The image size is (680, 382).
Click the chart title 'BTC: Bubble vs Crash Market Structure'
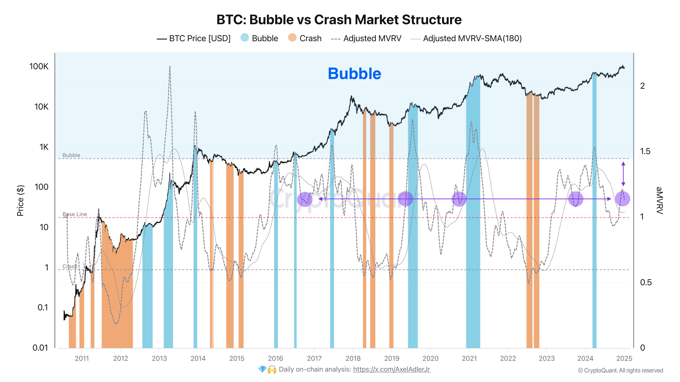coord(339,20)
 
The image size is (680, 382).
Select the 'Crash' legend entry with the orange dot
coord(305,38)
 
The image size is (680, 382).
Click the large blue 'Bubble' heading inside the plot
coord(354,74)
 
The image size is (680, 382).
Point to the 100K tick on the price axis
coord(39,67)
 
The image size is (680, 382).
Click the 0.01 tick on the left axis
coord(40,348)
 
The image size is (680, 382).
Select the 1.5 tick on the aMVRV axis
coord(645,151)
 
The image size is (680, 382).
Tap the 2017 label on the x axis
coord(314,358)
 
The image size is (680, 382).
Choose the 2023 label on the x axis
coord(546,358)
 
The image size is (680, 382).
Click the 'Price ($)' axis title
coord(20,200)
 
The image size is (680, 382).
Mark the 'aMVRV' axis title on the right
coord(659,200)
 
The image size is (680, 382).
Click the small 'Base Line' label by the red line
coord(75,214)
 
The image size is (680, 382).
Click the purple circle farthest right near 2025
coord(622,199)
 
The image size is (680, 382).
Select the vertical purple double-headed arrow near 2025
coord(623,174)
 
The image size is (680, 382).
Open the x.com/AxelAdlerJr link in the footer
coord(392,369)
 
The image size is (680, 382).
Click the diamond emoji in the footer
coord(262,369)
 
